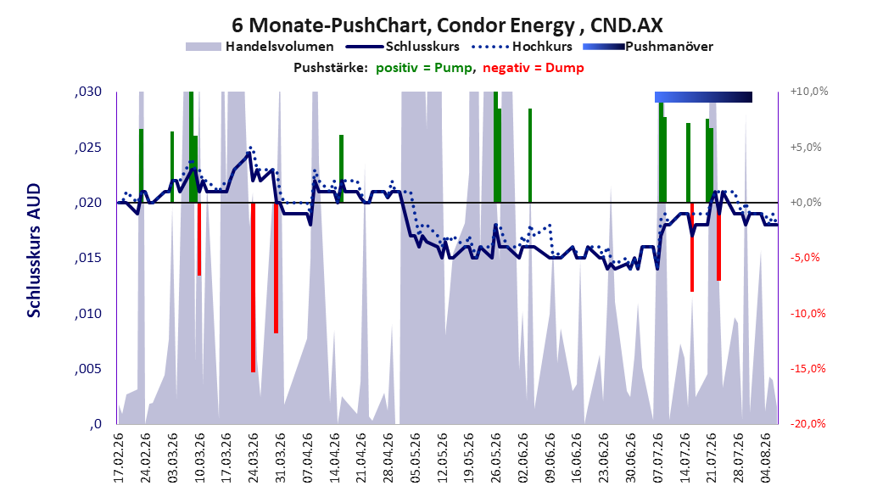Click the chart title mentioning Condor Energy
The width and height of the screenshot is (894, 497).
pos(447,25)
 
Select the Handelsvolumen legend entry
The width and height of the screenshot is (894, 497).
pos(260,47)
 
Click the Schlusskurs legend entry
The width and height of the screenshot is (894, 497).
pos(403,47)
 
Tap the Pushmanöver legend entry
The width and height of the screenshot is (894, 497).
pos(648,47)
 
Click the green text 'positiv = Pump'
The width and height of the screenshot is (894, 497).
pos(423,68)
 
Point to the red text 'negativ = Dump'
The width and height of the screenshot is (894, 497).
pos(534,68)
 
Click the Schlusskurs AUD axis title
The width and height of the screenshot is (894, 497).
pos(34,250)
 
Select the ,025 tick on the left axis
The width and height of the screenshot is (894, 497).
pos(88,148)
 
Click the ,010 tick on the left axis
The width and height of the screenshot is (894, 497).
pos(88,314)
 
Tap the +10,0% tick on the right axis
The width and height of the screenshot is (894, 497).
pos(809,92)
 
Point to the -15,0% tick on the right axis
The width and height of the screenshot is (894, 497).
pos(807,369)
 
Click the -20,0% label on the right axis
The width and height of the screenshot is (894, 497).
pos(807,424)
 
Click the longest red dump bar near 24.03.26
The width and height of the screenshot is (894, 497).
pos(253,288)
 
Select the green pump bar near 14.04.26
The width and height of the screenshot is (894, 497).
pos(342,169)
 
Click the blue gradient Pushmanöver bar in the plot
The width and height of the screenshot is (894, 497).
pos(703,97)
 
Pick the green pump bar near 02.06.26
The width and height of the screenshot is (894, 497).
pos(529,155)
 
